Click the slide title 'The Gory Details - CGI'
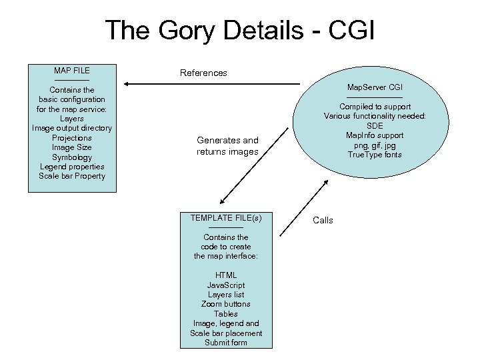coord(239,31)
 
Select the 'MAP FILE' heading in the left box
coord(72,71)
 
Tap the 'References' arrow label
coord(203,73)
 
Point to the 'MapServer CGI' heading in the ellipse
coord(375,87)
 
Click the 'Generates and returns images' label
coord(227,146)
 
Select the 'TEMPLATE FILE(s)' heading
coord(226,218)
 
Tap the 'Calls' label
coord(323,221)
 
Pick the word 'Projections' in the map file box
coord(72,138)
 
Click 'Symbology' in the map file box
coord(72,157)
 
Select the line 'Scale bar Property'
coord(72,176)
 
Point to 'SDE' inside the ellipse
coord(375,126)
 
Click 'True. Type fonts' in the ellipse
coord(375,155)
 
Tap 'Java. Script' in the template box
coord(226,285)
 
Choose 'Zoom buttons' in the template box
coord(226,304)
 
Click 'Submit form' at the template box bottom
coord(226,343)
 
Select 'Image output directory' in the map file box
coord(72,128)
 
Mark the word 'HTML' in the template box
coord(226,275)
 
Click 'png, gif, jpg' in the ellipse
coord(375,145)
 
